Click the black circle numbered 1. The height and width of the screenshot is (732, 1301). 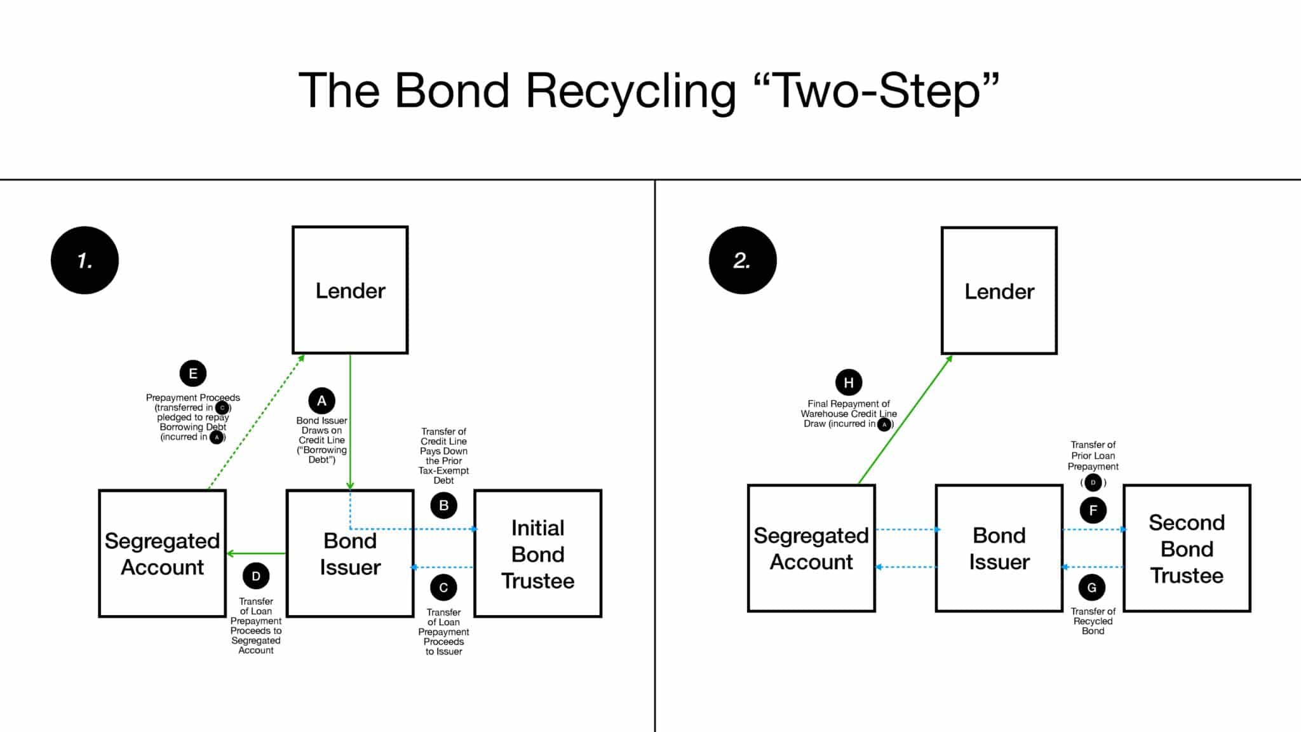coord(84,260)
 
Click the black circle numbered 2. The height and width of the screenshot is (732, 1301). coord(742,260)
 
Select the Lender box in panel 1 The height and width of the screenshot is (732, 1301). coord(350,290)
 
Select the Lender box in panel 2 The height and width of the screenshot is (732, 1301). coord(999,290)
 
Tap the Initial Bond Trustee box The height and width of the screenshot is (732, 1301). coord(537,553)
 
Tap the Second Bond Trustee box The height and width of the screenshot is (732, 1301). coord(1187,548)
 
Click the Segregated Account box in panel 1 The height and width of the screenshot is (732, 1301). coord(162,553)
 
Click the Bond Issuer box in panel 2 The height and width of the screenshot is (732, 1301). coord(999,548)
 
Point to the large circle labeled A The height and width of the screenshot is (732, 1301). coord(321,401)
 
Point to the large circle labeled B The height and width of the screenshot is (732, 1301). coord(443,505)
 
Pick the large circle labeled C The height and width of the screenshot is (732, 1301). coord(443,588)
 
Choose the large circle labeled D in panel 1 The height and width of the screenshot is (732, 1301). coord(256,576)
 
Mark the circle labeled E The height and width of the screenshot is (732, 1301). coord(193,374)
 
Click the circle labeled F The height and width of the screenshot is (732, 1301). coord(1093,510)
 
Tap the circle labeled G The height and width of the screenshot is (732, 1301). coord(1091,588)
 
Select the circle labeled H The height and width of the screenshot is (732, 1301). coord(849,383)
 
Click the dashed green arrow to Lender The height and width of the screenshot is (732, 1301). coord(256,423)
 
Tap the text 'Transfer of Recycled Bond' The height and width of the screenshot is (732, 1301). coord(1093,621)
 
